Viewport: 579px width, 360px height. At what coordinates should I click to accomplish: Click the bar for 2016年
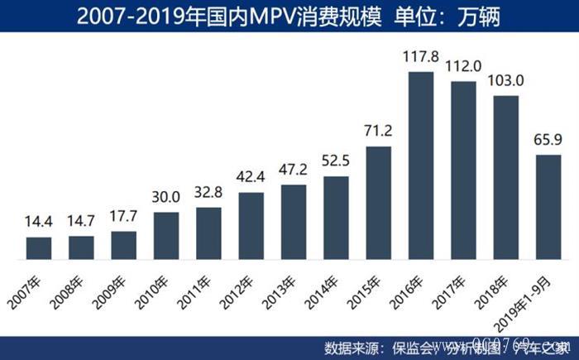(422, 166)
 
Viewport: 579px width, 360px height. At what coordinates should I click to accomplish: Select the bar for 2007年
(39, 248)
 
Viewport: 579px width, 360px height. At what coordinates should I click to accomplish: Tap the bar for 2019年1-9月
(549, 208)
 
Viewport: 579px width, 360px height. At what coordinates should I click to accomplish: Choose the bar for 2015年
(379, 203)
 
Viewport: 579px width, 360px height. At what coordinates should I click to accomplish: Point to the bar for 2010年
(166, 236)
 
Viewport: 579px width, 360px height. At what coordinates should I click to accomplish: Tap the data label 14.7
(81, 223)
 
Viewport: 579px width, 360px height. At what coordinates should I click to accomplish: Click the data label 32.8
(208, 194)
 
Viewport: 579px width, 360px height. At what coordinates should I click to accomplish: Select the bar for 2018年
(506, 178)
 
